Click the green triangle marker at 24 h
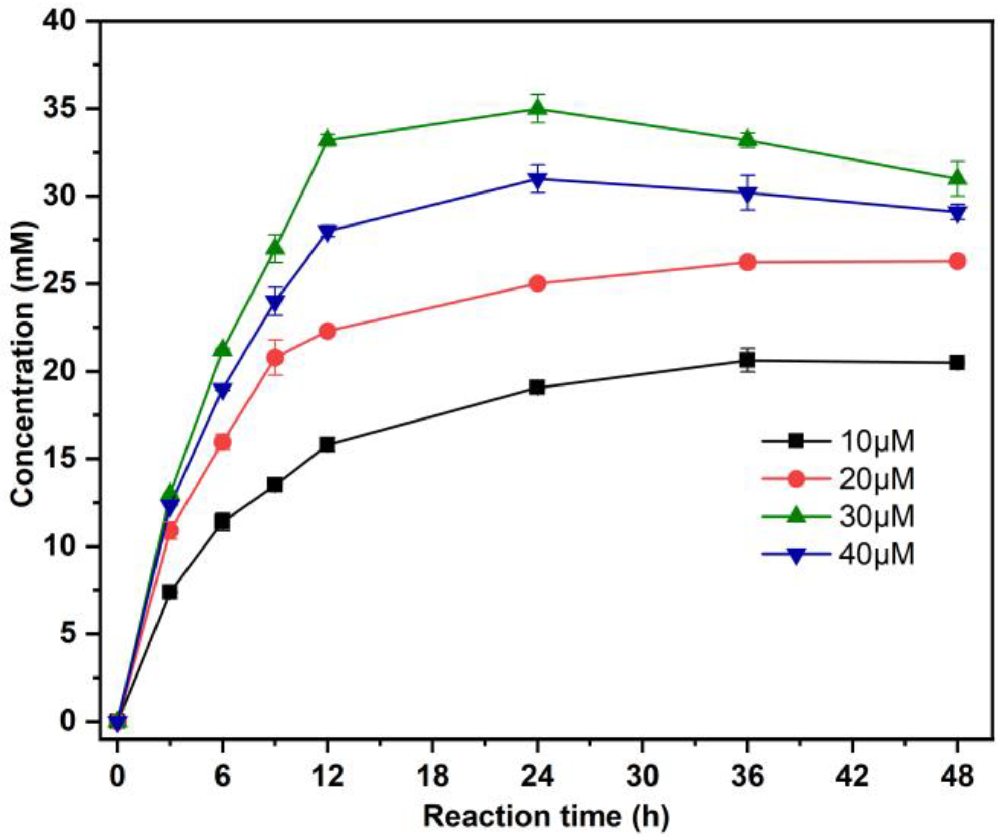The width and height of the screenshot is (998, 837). click(538, 108)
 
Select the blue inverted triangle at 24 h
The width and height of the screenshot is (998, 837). click(538, 179)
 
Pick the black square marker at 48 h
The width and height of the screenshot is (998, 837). click(957, 363)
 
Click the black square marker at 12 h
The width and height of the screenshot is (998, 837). click(327, 445)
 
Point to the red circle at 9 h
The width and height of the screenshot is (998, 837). click(275, 358)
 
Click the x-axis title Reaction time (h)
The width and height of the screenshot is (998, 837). click(546, 817)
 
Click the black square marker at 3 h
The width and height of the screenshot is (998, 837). click(170, 592)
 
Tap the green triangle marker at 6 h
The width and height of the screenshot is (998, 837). click(223, 349)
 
